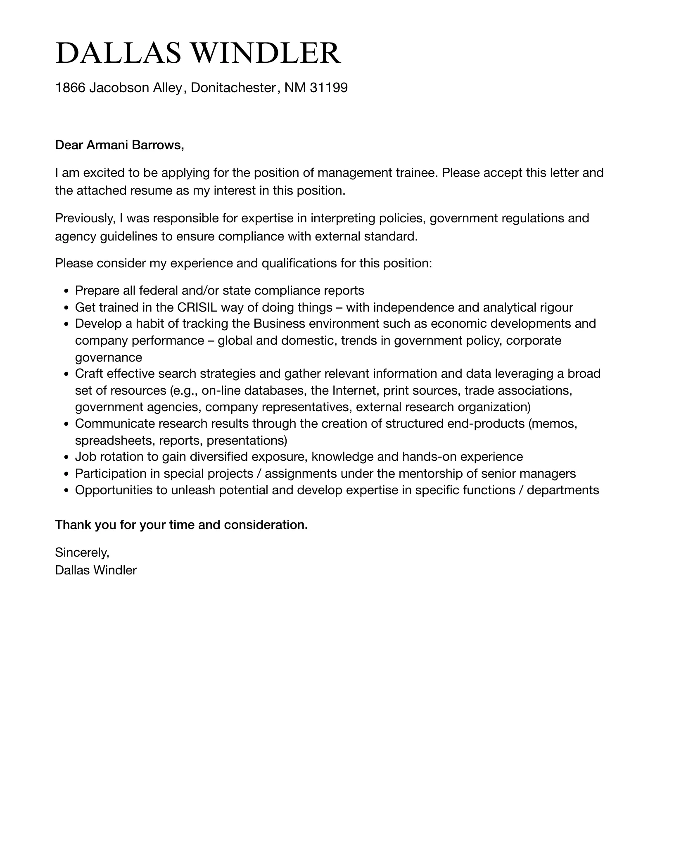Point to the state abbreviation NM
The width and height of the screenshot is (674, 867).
pos(294,88)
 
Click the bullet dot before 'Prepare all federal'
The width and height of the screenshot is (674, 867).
pos(66,291)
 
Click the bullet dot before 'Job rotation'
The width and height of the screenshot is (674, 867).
pos(66,457)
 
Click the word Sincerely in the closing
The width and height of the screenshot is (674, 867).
pos(82,552)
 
